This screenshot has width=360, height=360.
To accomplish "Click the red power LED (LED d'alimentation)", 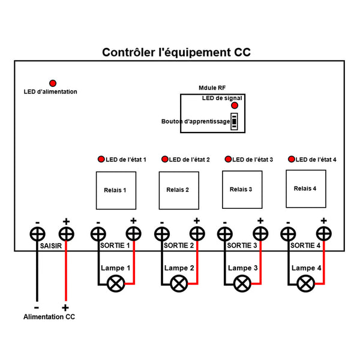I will pos(53,82).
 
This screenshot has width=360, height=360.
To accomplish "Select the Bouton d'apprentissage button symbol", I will pos(235,121).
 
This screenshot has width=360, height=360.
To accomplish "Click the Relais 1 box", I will pos(116,190).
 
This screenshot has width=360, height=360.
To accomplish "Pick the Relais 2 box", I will pos(179,190).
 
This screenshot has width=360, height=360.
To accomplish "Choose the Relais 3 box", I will pos(242,190).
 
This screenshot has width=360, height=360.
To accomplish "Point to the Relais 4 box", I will pos(305,188).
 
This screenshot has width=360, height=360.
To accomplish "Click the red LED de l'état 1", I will pos(101,160).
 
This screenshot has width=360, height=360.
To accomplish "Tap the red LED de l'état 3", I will pos(228,160).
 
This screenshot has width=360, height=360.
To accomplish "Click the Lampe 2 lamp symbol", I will pos(178,283).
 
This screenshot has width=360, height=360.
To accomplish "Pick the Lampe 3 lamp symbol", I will pos(242,283).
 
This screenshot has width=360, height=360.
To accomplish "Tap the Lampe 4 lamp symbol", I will pos(306,283).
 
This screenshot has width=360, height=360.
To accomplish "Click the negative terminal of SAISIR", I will pos(38,233).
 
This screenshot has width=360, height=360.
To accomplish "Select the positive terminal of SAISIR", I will pos(65,233).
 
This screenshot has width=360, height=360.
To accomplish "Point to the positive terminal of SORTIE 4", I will pos(324,233).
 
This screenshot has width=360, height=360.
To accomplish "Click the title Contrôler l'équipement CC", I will pos(176,53).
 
